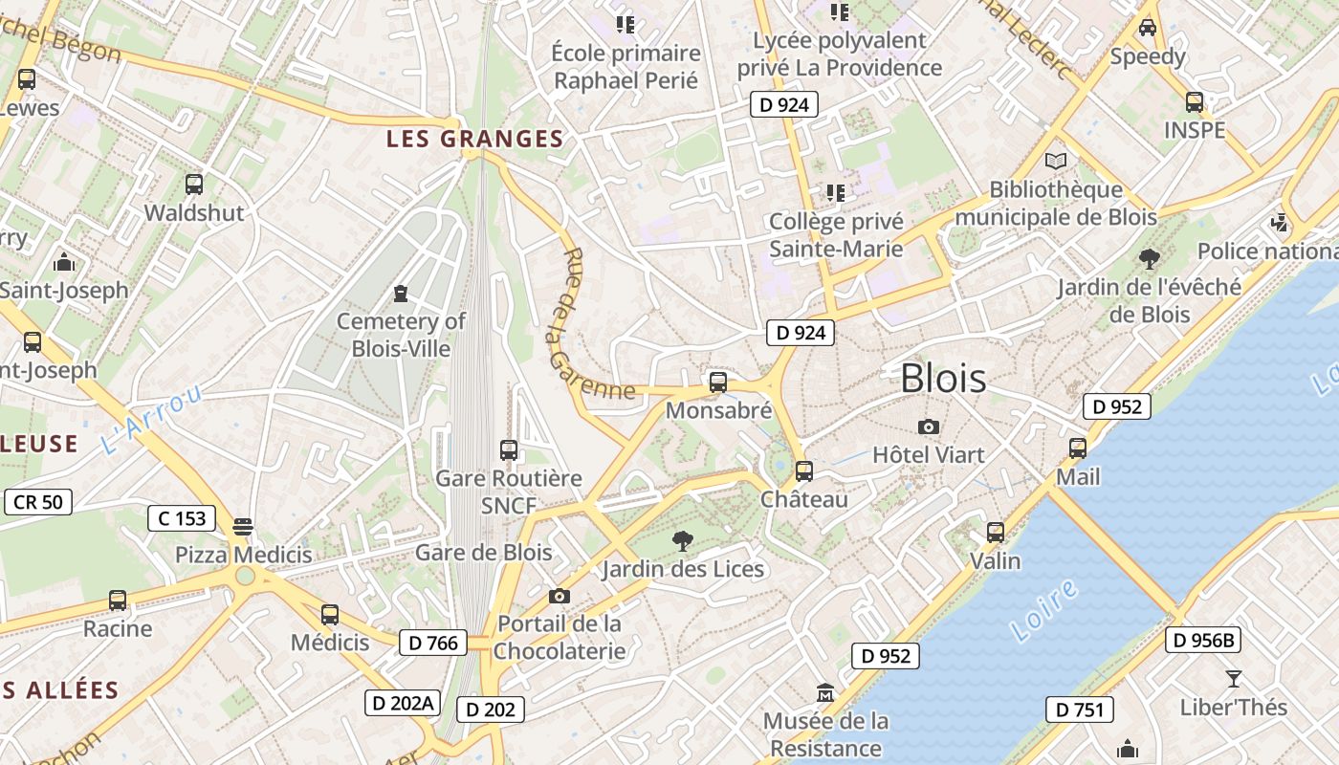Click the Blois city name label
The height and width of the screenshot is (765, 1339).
tap(943, 379)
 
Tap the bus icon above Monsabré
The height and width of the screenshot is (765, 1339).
tap(718, 382)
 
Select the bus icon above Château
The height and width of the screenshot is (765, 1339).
tap(804, 470)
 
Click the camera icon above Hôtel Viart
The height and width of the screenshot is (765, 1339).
tap(928, 426)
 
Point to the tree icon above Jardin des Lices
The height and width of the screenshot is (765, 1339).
tap(683, 541)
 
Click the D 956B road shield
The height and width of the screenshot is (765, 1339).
tap(1202, 640)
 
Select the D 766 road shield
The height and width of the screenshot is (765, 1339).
tap(433, 644)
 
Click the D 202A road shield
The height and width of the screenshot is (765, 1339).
tap(402, 703)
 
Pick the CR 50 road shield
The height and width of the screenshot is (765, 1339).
tap(38, 501)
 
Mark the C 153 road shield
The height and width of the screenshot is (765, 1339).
tap(182, 518)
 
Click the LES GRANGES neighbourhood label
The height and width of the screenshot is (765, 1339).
tap(474, 140)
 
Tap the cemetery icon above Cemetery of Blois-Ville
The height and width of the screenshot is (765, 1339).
tap(401, 293)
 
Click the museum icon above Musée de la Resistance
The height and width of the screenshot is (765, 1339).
tap(825, 691)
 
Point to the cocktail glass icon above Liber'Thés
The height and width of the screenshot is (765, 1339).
tap(1233, 679)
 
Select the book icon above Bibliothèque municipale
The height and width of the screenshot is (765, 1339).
tap(1056, 161)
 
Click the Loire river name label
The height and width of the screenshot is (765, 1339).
tap(1043, 610)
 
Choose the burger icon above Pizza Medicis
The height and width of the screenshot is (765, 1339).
tap(243, 526)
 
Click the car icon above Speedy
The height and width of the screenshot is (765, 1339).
tap(1148, 28)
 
